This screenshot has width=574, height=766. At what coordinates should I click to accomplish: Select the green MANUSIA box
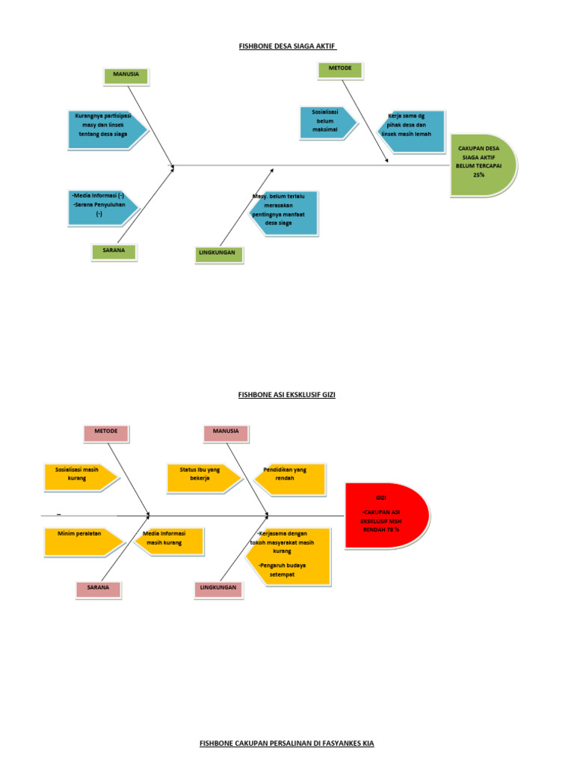pyautogui.click(x=126, y=76)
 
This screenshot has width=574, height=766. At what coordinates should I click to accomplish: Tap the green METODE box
pyautogui.click(x=340, y=70)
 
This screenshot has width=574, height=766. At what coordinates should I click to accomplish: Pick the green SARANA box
pyautogui.click(x=114, y=251)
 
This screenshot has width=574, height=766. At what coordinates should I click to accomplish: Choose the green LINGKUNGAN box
pyautogui.click(x=217, y=254)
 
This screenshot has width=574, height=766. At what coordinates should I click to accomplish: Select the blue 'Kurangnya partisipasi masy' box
pyautogui.click(x=105, y=125)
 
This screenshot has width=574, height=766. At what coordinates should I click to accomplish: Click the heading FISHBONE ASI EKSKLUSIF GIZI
pyautogui.click(x=287, y=394)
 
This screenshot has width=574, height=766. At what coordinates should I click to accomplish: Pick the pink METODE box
pyautogui.click(x=106, y=432)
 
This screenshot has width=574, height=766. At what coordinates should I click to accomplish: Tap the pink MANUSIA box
pyautogui.click(x=226, y=432)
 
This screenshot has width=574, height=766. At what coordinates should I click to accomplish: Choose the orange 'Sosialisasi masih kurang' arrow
pyautogui.click(x=78, y=476)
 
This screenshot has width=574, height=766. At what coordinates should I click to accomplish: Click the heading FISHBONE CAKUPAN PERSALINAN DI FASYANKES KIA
pyautogui.click(x=287, y=743)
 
